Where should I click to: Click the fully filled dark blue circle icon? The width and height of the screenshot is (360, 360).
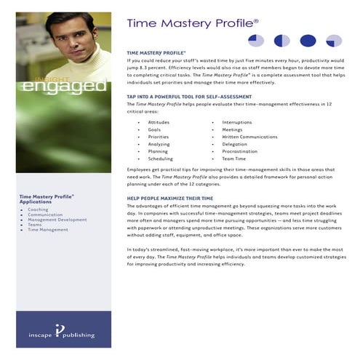coord(308,41)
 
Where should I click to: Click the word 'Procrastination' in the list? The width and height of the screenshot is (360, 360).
coord(240,151)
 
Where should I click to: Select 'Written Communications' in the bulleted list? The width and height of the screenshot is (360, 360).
coord(249,136)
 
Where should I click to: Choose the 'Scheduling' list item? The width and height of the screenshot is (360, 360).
coord(160,158)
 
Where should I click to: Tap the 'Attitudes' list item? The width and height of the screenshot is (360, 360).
coord(159,121)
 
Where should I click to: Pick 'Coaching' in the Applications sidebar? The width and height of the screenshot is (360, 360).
coord(39,209)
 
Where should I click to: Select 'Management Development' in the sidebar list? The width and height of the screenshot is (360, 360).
coord(57,219)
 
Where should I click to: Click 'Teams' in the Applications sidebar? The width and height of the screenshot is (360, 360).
coord(35,224)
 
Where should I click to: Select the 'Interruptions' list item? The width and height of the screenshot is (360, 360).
coord(237,121)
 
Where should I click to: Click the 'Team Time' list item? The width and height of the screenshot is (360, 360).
coord(234,158)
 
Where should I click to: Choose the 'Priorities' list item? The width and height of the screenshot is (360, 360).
coord(159,136)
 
